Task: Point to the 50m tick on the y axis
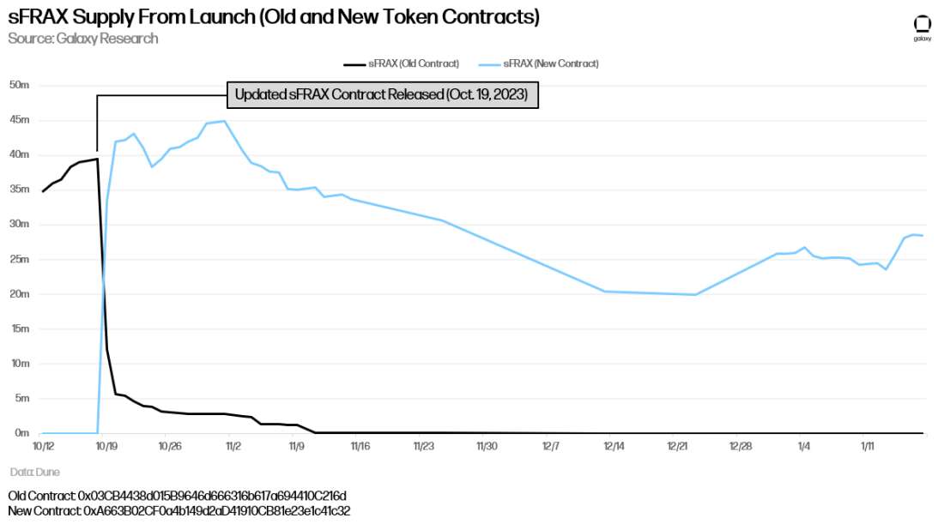pyautogui.click(x=19, y=85)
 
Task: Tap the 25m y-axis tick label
pyautogui.click(x=19, y=259)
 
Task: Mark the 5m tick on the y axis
pyautogui.click(x=21, y=399)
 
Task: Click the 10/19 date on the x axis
pyautogui.click(x=106, y=447)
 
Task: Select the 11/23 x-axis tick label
pyautogui.click(x=424, y=447)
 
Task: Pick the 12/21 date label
pyautogui.click(x=678, y=447)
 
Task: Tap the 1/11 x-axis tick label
pyautogui.click(x=868, y=447)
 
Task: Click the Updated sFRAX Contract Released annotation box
pyautogui.click(x=382, y=95)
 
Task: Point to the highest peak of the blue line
pyautogui.click(x=225, y=121)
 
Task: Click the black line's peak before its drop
pyautogui.click(x=98, y=159)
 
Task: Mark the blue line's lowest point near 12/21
pyautogui.click(x=695, y=295)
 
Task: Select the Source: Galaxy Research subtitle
pyautogui.click(x=83, y=39)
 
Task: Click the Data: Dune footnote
pyautogui.click(x=35, y=472)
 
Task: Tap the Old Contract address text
pyautogui.click(x=177, y=496)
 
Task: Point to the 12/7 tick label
pyautogui.click(x=551, y=447)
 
